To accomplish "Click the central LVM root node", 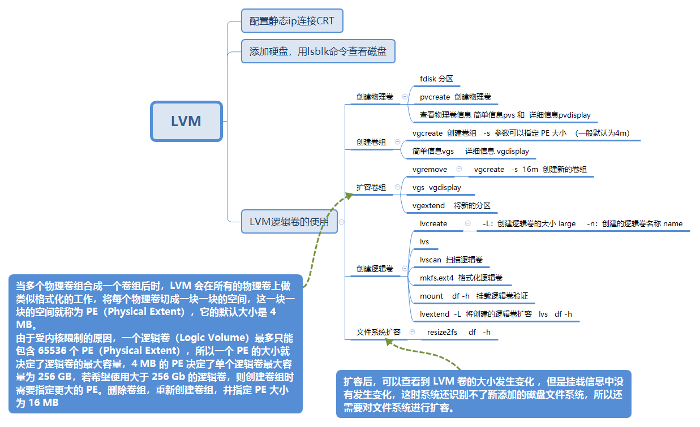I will (x=186, y=121).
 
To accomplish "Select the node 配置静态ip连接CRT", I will (x=291, y=22).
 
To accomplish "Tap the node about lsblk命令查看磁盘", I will (x=317, y=51).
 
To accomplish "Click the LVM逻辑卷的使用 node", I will (x=289, y=221).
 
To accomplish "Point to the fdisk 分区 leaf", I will (x=436, y=79).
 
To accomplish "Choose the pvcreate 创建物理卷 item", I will (x=455, y=97).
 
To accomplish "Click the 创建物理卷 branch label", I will (x=375, y=97).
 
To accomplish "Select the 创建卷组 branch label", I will (x=371, y=142).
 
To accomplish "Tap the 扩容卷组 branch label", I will (x=371, y=187).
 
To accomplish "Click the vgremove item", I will (x=430, y=169).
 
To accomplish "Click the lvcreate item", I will (x=433, y=223).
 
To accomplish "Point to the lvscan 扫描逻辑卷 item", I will (x=451, y=260).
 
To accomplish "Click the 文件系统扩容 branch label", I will (x=378, y=332).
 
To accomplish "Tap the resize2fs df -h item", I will (x=458, y=332).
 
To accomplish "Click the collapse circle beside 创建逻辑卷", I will (x=405, y=268).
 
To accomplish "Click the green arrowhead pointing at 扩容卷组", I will (x=349, y=196).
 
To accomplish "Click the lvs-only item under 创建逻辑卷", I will (x=424, y=241).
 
